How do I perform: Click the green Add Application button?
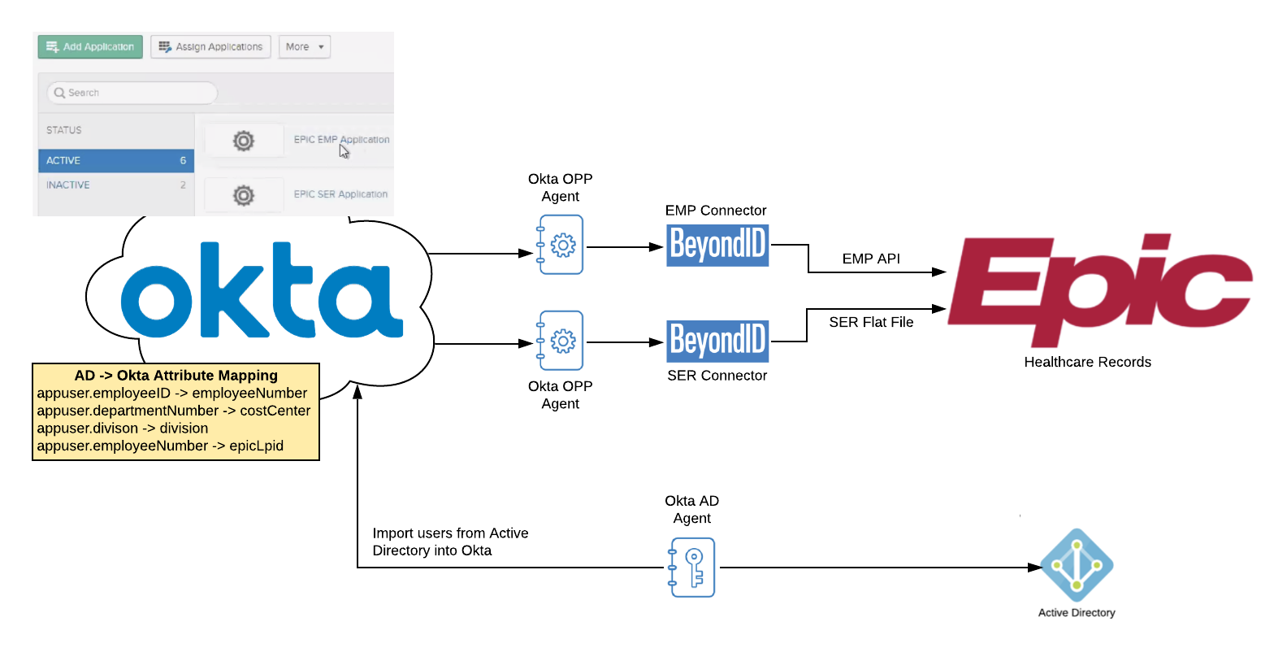click(90, 47)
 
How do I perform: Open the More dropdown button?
click(304, 47)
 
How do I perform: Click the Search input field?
click(132, 93)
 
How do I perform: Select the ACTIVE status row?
click(115, 160)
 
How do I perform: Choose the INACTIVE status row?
click(115, 185)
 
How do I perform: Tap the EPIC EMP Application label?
click(341, 140)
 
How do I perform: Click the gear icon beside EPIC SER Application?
click(244, 195)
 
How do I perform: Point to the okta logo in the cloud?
click(262, 290)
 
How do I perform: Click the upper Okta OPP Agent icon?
click(561, 245)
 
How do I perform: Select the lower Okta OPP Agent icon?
click(561, 341)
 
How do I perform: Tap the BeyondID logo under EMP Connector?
click(717, 245)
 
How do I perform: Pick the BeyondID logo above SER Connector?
click(717, 341)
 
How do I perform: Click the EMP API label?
click(871, 259)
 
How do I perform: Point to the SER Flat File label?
click(871, 322)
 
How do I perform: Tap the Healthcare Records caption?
click(1087, 362)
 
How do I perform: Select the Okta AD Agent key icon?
click(692, 568)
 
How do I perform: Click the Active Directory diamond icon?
click(1077, 566)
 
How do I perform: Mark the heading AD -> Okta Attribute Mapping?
click(175, 376)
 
